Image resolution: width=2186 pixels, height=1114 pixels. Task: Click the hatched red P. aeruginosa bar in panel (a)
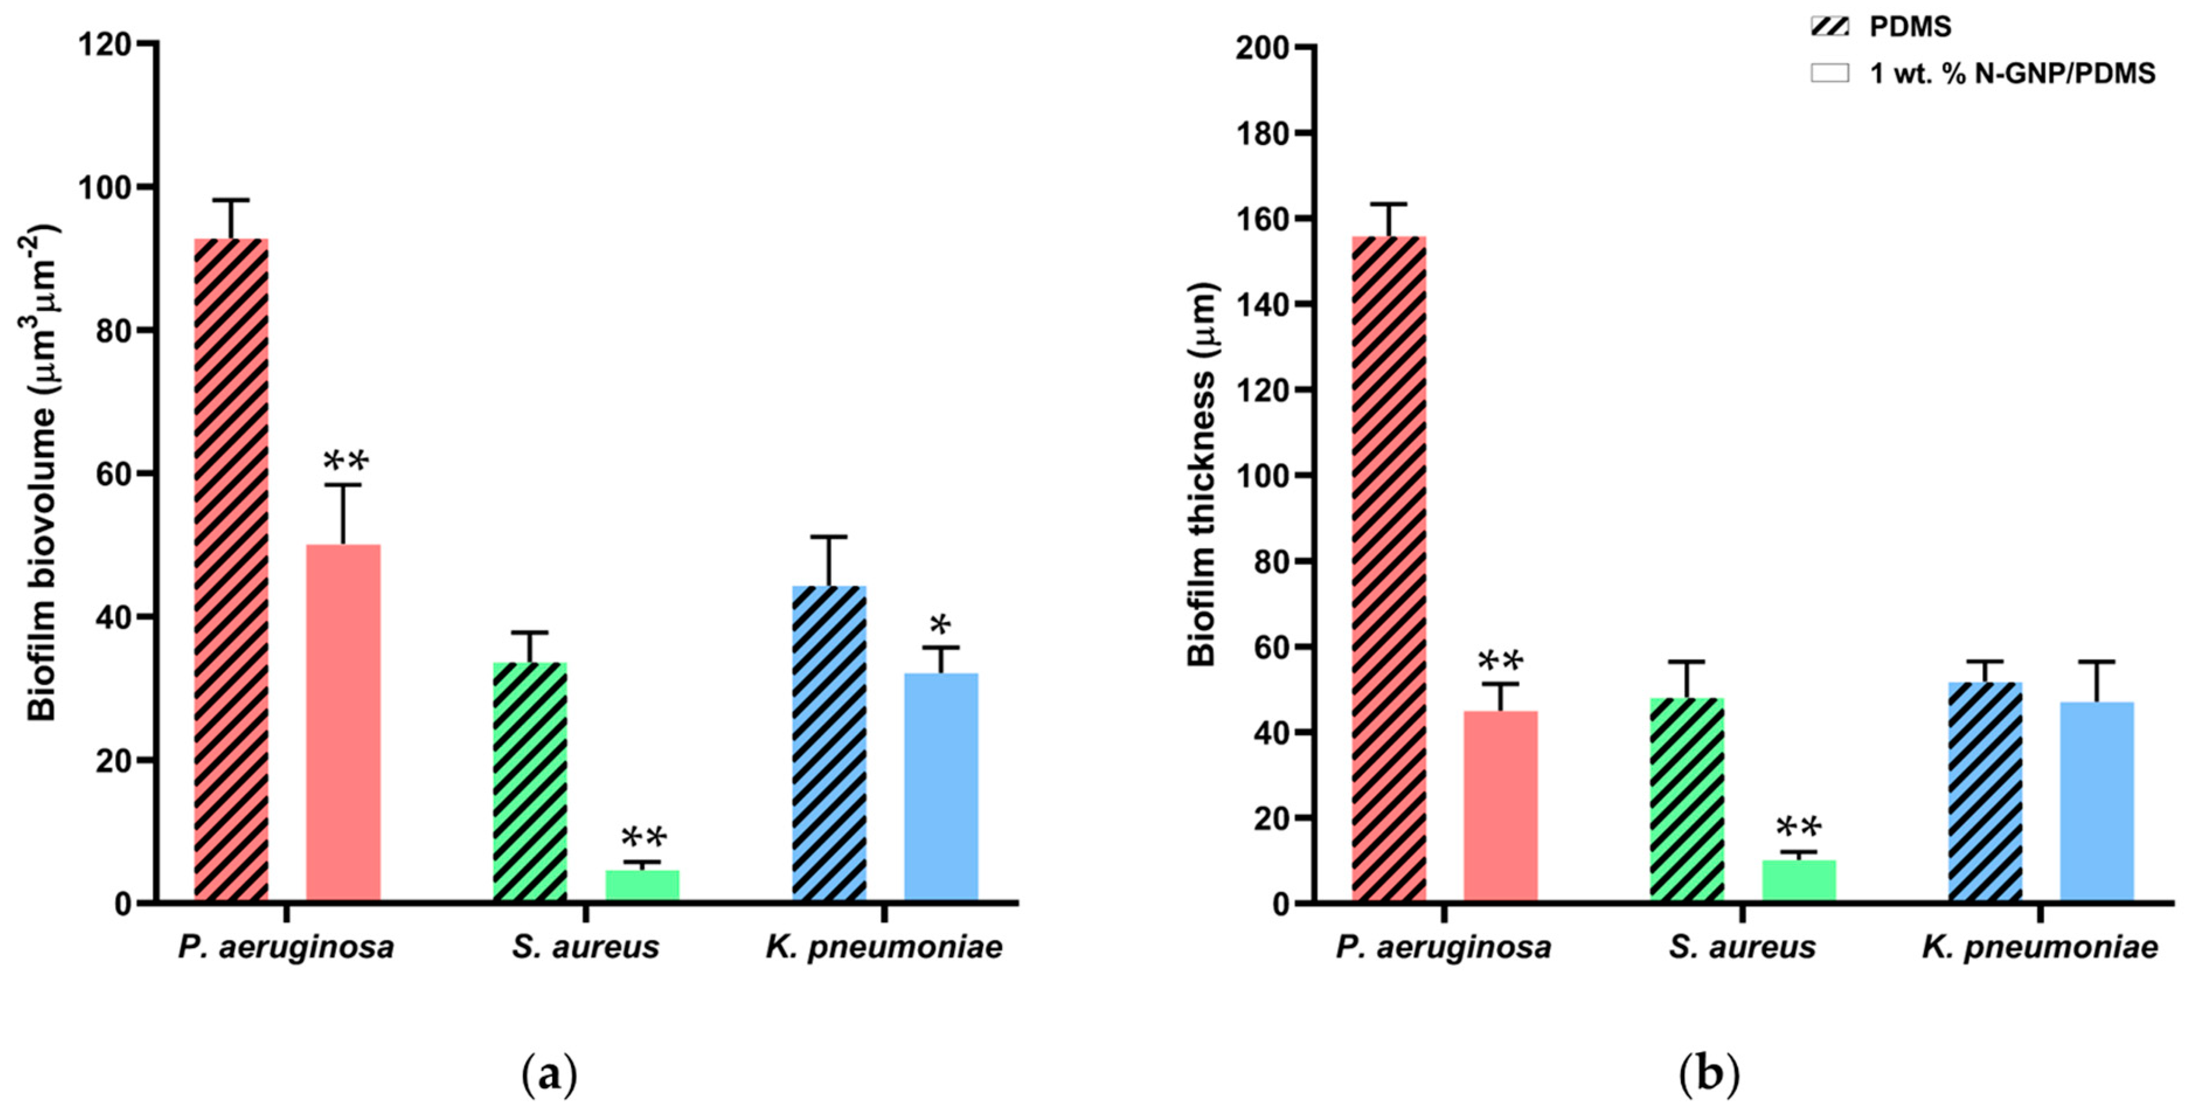(231, 569)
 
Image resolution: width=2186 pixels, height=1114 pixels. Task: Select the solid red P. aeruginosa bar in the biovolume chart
(343, 722)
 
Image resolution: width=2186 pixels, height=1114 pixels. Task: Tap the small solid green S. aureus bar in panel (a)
(641, 885)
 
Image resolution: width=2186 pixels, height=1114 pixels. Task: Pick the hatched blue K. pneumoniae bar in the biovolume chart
(829, 743)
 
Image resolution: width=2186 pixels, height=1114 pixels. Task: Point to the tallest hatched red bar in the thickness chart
(1389, 569)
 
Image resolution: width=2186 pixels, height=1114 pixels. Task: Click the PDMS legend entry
(1909, 27)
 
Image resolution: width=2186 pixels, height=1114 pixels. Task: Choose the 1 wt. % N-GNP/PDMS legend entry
(2011, 74)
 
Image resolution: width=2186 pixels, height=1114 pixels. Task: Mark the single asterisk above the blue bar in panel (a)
(941, 627)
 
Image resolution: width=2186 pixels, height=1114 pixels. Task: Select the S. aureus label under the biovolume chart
(585, 947)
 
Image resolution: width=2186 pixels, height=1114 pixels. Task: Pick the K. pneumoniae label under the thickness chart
(2040, 947)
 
